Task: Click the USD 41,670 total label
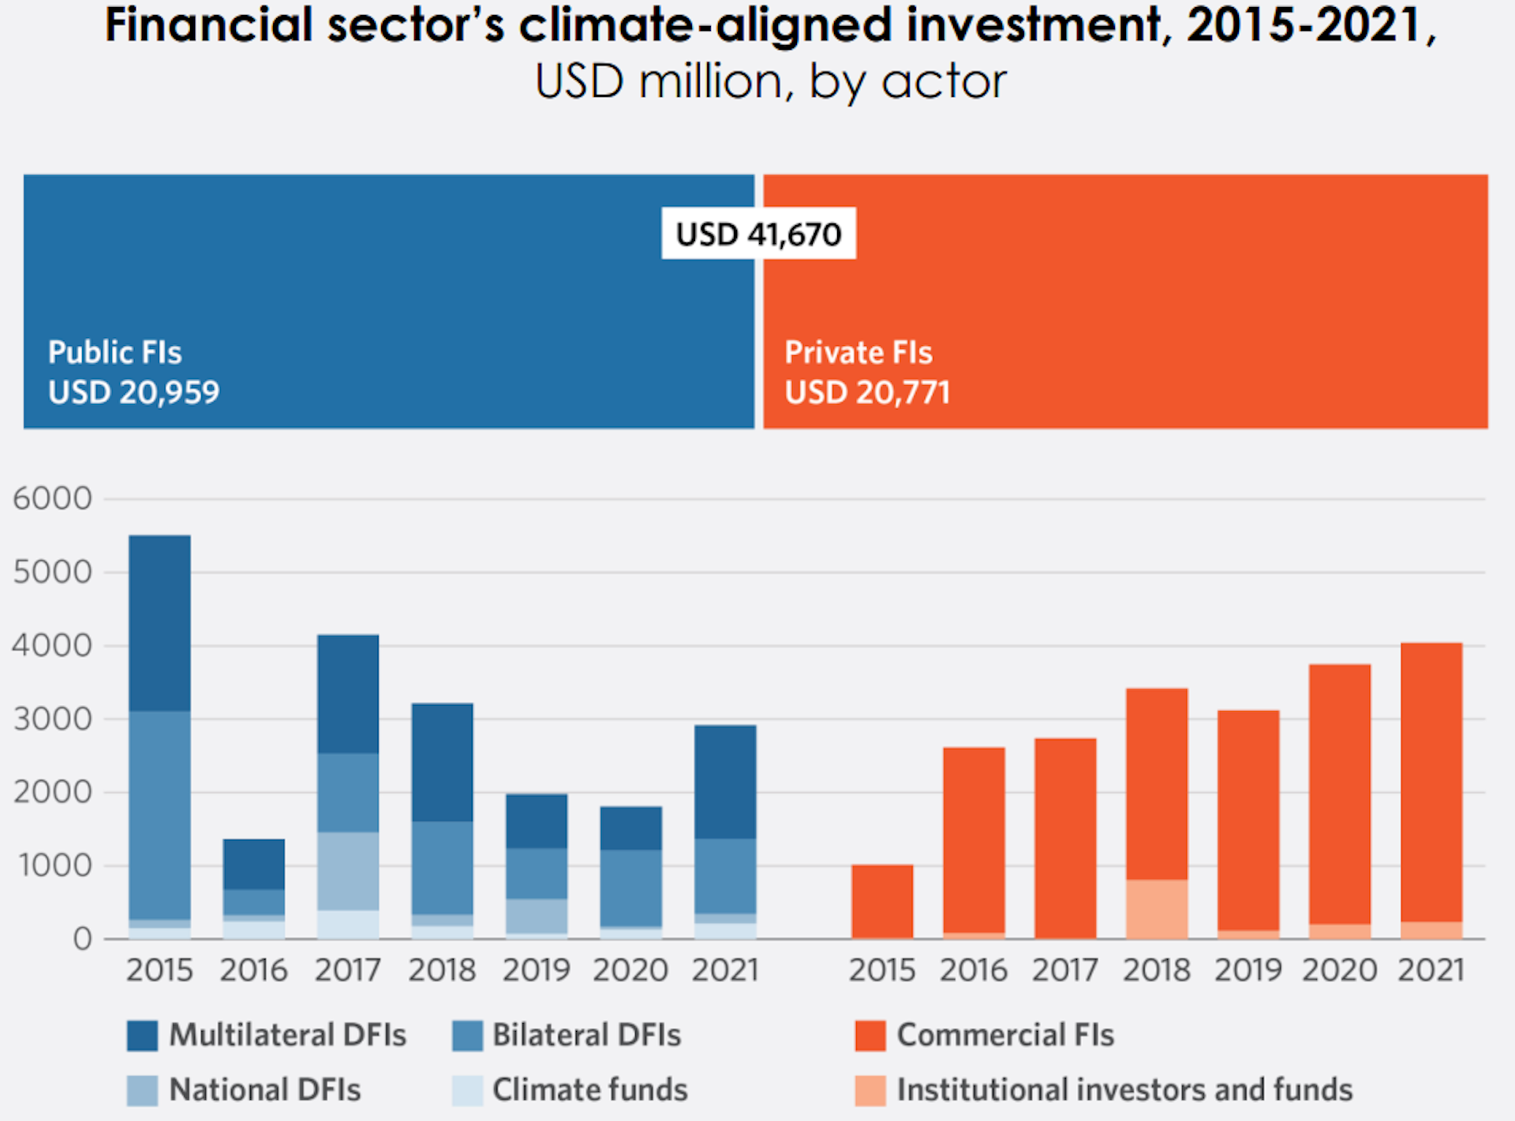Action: coord(758,234)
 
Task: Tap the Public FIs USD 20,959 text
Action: coord(133,373)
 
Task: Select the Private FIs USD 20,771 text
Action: coord(866,373)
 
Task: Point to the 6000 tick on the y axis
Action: coord(52,499)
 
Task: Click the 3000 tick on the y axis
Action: coord(52,719)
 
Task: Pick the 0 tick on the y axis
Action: coord(82,939)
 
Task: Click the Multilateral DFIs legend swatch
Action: coord(142,1036)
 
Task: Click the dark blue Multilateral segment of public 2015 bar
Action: coord(159,624)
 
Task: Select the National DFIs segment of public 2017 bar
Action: coord(348,871)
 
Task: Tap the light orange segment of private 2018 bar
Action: coord(1157,909)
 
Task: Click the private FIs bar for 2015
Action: coord(882,902)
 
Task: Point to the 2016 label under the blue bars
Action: coord(253,970)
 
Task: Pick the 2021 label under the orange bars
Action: coord(1431,970)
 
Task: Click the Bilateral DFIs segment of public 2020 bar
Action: coord(630,888)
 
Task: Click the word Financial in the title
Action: coord(209,25)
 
